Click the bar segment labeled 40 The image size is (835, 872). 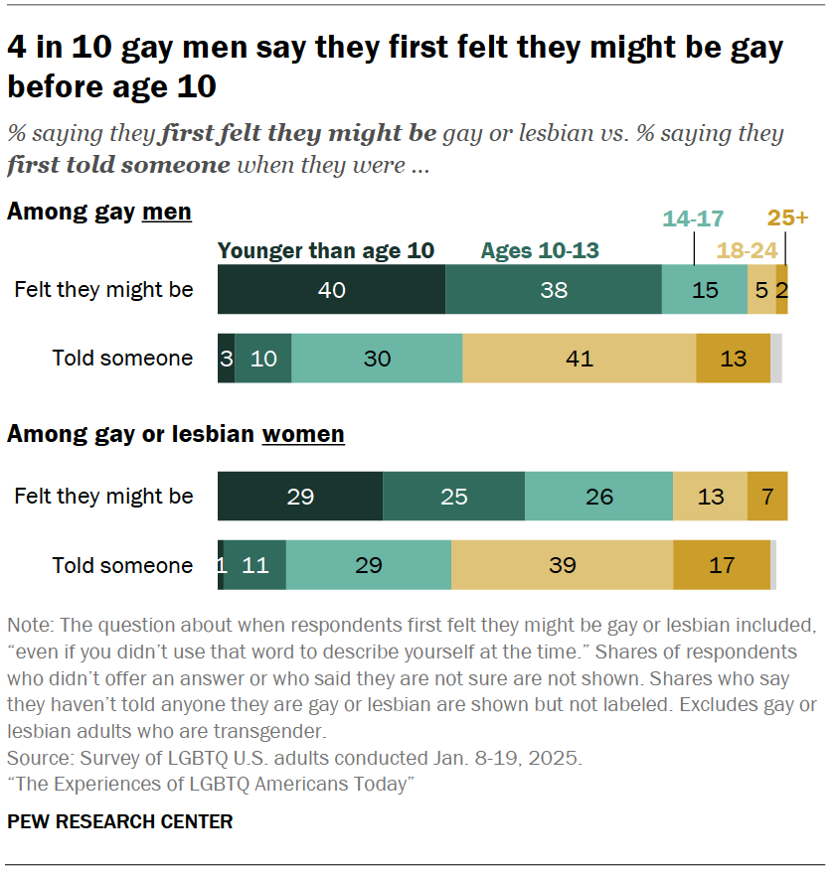point(331,290)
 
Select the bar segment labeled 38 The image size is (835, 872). point(554,290)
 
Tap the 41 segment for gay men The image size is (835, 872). point(579,359)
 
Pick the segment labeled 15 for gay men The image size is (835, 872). point(704,290)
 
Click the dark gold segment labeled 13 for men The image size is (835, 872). point(733,359)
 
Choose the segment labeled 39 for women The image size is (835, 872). point(562,565)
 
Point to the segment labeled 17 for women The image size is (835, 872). point(722,565)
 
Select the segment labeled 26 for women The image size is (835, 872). point(598,496)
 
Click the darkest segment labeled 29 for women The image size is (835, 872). point(300,496)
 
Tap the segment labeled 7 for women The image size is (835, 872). point(767,496)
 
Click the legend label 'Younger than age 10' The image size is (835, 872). point(326,250)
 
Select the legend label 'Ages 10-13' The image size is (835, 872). point(540,250)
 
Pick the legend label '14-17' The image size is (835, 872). point(693,218)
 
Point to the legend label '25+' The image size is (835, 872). point(787,218)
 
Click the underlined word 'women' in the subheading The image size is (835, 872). point(303,434)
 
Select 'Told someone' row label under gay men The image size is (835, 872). point(122,359)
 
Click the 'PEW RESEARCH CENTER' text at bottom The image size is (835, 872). point(120,821)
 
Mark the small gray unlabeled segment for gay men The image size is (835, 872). point(776,359)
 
